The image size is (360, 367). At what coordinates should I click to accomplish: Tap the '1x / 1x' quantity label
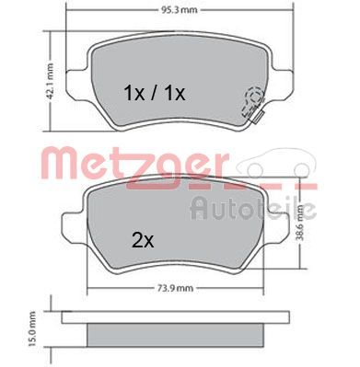pos(155,93)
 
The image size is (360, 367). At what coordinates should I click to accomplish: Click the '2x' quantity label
pos(142,242)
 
